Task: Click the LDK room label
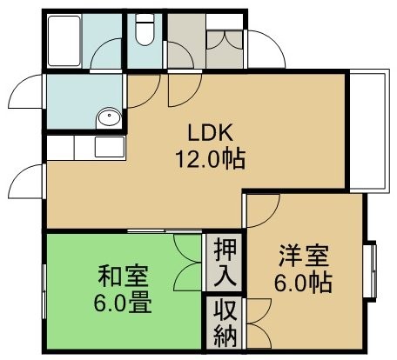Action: [x=211, y=132]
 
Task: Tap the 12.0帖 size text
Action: [x=211, y=159]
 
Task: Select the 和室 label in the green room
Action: [x=124, y=276]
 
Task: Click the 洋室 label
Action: [x=304, y=256]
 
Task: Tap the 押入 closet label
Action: [x=225, y=263]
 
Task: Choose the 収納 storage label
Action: [x=225, y=323]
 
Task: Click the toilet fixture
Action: [x=145, y=29]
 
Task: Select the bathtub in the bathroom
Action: [x=64, y=41]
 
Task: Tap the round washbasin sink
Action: [x=109, y=118]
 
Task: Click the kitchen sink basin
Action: [x=110, y=147]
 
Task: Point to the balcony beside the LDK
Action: [x=369, y=130]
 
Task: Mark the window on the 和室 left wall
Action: [x=44, y=291]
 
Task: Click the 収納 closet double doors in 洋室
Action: [x=259, y=323]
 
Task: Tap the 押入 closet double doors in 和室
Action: [x=187, y=263]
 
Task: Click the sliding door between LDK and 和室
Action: [x=165, y=230]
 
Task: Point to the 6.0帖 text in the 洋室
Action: [x=303, y=283]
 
